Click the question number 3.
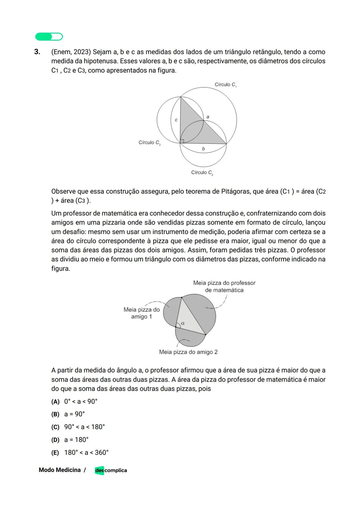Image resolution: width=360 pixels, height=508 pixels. pyautogui.click(x=37, y=52)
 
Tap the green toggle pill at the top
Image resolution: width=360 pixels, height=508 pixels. pyautogui.click(x=49, y=37)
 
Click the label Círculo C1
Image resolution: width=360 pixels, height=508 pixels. pyautogui.click(x=225, y=85)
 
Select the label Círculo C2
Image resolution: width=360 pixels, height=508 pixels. pyautogui.click(x=202, y=173)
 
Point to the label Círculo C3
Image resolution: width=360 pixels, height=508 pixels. pyautogui.click(x=150, y=143)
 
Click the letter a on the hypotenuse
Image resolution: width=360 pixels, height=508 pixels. pyautogui.click(x=208, y=117)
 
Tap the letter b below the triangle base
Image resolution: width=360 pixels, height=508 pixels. pyautogui.click(x=203, y=149)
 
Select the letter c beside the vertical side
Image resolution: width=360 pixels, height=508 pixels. pyautogui.click(x=176, y=120)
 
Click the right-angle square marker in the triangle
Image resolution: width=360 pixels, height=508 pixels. pyautogui.click(x=182, y=141)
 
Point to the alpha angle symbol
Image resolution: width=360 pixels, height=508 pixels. pyautogui.click(x=183, y=323)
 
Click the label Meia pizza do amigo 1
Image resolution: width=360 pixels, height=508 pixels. pyautogui.click(x=142, y=313)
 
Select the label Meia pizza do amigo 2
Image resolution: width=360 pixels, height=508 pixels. pyautogui.click(x=188, y=352)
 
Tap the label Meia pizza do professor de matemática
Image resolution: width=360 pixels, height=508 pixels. pyautogui.click(x=224, y=286)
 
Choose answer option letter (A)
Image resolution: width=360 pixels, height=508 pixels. pyautogui.click(x=55, y=402)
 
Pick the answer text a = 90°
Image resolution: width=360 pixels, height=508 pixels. pyautogui.click(x=75, y=414)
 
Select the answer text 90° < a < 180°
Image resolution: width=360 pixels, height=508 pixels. pyautogui.click(x=84, y=427)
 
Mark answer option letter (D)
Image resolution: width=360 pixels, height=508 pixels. pyautogui.click(x=55, y=440)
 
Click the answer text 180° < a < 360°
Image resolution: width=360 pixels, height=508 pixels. pyautogui.click(x=86, y=453)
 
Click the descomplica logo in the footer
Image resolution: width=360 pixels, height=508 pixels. pyautogui.click(x=111, y=470)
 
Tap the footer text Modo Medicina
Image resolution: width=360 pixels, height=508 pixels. pyautogui.click(x=60, y=470)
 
